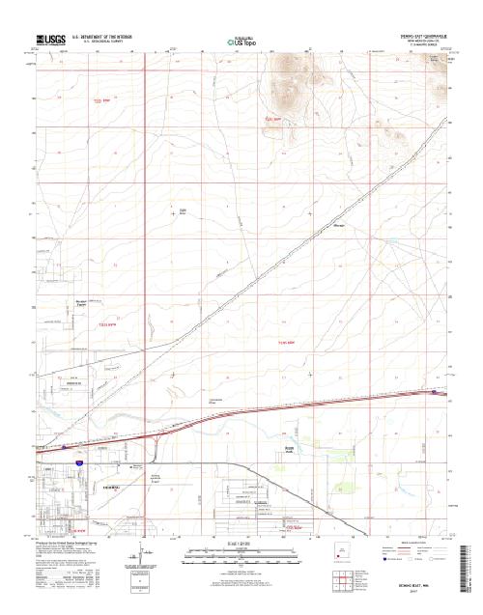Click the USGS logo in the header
pos(50,41)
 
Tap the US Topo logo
pos(241,42)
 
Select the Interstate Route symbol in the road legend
pos(385,558)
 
